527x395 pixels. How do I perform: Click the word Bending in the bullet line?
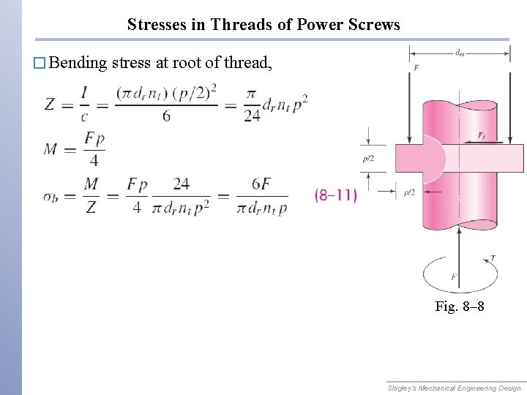[80, 63]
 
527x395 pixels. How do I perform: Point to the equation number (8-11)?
[335, 195]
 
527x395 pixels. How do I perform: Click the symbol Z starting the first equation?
[49, 105]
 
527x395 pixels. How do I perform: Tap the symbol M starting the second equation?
[51, 148]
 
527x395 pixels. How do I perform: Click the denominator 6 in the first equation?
[166, 116]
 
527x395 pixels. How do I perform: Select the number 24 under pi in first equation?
[252, 116]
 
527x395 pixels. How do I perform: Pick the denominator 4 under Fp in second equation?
[94, 161]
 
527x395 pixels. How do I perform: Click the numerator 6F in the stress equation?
[261, 184]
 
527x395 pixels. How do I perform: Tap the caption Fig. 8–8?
[459, 306]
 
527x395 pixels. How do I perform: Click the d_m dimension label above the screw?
[459, 52]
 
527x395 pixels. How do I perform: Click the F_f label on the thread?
[481, 135]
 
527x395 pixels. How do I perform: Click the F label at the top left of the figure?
[416, 69]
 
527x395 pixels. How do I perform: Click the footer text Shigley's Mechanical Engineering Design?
[454, 388]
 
